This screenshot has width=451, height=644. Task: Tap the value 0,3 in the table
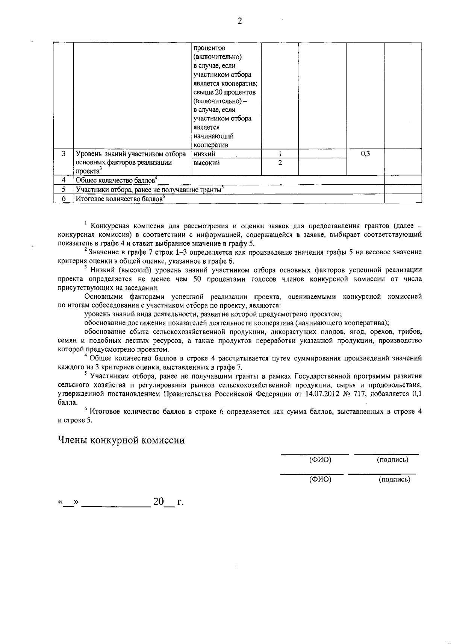[x=365, y=153]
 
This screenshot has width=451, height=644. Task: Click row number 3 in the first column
[x=64, y=153]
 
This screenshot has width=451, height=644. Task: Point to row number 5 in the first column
[x=64, y=189]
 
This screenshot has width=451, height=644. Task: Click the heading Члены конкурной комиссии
[x=121, y=440]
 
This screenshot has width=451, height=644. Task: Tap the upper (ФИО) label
[x=320, y=460]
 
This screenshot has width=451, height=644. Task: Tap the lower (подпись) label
[x=394, y=479]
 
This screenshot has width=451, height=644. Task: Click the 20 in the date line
[x=159, y=501]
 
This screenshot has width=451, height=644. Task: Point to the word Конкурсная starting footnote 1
[x=110, y=226]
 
